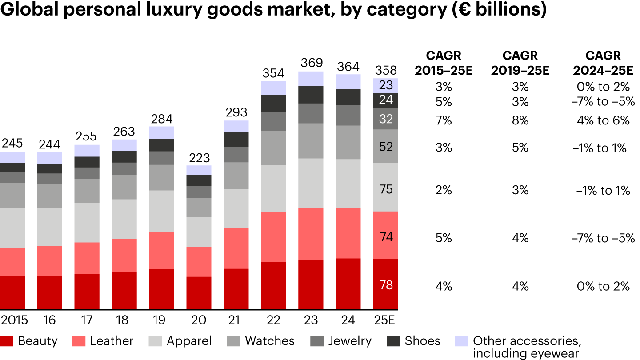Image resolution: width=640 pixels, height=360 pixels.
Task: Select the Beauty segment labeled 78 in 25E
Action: tap(386, 285)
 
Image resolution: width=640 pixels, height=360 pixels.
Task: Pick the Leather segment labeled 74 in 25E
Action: tap(386, 237)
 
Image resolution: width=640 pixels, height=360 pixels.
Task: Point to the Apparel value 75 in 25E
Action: tap(386, 189)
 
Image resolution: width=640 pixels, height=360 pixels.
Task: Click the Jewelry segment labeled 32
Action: tap(386, 119)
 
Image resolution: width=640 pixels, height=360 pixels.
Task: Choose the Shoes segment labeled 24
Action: tap(386, 100)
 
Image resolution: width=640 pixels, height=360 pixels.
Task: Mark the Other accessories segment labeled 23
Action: tap(386, 85)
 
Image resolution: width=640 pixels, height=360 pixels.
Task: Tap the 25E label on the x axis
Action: tap(385, 320)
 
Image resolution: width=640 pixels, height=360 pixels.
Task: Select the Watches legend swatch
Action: tap(234, 341)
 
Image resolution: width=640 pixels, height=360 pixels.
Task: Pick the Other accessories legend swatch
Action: tap(461, 341)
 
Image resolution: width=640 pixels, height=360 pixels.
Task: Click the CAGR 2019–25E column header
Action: tap(520, 63)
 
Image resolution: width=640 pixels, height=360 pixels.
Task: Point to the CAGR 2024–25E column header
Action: tap(603, 63)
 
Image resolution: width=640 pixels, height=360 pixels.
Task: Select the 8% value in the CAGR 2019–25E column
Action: tap(520, 120)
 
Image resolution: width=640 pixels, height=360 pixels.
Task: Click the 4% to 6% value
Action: tap(603, 120)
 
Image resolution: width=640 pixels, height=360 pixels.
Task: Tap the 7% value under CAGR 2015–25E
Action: tap(444, 120)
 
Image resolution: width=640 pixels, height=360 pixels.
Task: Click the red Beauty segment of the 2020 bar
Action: tap(199, 293)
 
